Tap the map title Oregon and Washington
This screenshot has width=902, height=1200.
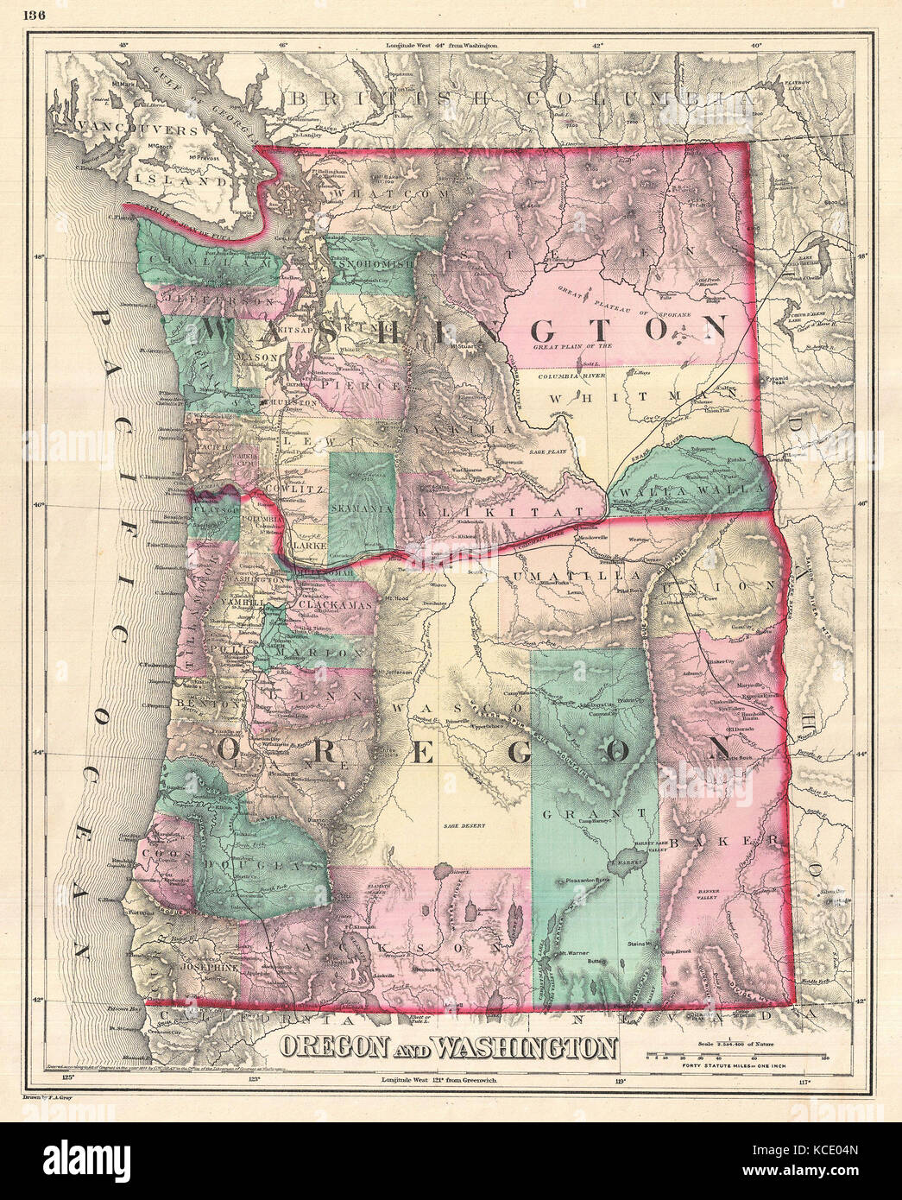[x=447, y=1048]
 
